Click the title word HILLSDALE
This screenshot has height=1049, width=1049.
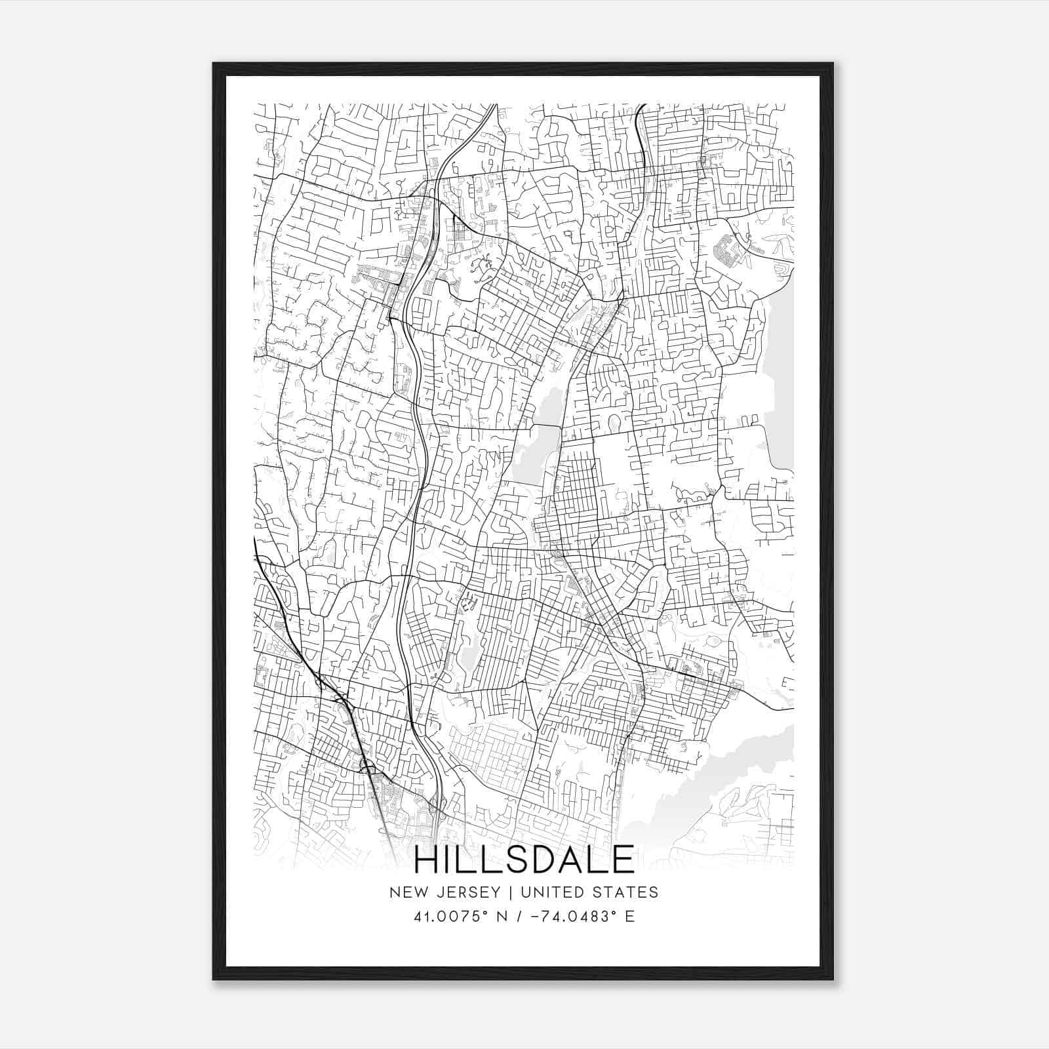click(x=524, y=860)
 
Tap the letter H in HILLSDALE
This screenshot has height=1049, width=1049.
click(x=427, y=860)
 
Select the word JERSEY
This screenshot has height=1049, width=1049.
click(x=463, y=892)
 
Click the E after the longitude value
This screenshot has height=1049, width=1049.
click(x=629, y=916)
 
